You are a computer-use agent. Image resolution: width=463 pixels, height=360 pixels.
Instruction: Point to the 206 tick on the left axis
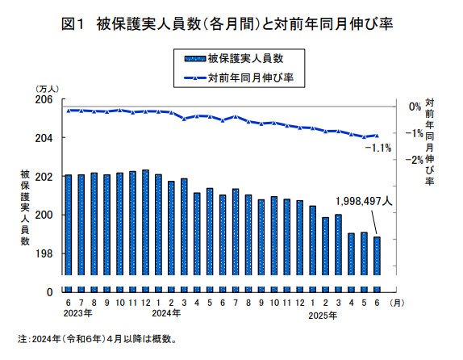pos(44,99)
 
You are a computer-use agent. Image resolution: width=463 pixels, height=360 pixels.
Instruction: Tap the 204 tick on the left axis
pos(44,138)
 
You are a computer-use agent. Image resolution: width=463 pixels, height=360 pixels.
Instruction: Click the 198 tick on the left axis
pos(44,253)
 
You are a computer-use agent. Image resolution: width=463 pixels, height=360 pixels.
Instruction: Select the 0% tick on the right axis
pos(415,107)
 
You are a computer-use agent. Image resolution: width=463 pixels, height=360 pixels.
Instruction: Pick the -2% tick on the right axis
pos(412,160)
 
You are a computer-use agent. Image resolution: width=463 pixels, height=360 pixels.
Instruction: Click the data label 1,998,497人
pos(362,203)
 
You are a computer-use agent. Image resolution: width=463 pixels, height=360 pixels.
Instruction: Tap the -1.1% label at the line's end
pos(377,148)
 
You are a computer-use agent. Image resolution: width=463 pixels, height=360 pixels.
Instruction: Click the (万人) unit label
pos(44,88)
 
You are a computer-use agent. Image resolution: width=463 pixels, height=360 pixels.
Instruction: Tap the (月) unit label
pos(397,302)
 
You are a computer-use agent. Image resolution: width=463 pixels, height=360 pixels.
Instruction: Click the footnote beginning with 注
pos(97,338)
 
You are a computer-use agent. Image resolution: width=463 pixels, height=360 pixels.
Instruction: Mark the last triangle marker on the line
pos(377,136)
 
